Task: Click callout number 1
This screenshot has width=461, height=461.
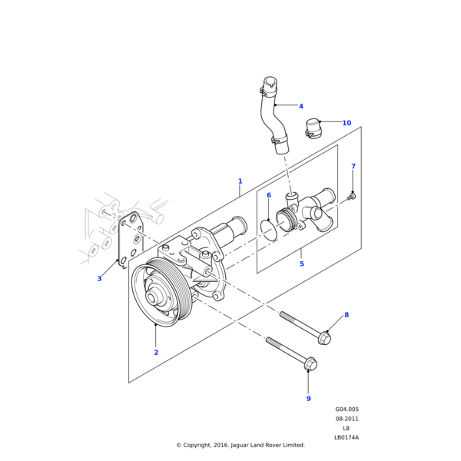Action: (240, 181)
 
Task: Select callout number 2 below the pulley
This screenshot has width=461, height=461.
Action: (156, 353)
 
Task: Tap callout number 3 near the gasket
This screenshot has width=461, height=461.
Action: (99, 278)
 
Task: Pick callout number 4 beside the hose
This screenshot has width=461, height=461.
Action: (300, 106)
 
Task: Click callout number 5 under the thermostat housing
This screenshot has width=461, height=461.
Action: (301, 264)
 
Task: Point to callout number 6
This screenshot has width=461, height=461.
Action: (268, 196)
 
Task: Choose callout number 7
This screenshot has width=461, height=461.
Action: (353, 167)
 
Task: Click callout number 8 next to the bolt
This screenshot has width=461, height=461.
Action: (346, 315)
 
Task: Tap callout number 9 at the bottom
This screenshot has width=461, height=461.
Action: (308, 398)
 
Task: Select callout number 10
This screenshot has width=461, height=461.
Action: (347, 123)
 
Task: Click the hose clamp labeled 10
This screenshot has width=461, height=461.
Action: (313, 128)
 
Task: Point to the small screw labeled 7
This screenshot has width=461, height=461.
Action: (351, 197)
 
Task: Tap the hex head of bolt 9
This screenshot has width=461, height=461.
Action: (310, 362)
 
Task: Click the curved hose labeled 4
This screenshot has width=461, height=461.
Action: (271, 115)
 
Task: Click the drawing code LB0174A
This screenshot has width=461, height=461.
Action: (347, 437)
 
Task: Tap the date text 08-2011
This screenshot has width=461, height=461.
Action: (347, 419)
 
